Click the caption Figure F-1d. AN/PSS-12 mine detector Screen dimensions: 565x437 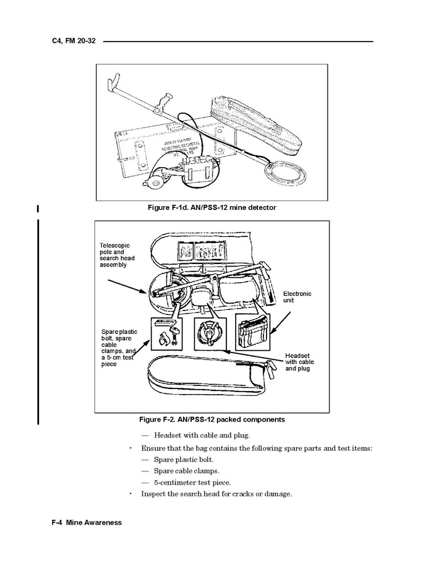[x=211, y=207]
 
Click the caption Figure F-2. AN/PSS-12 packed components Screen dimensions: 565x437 [x=211, y=419]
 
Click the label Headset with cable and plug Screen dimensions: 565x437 [x=299, y=362]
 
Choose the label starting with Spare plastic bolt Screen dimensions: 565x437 [x=119, y=348]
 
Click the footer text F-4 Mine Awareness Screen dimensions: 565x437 [x=87, y=523]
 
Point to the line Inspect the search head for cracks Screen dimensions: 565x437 [x=216, y=494]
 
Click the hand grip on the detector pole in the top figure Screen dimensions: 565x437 [x=165, y=101]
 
